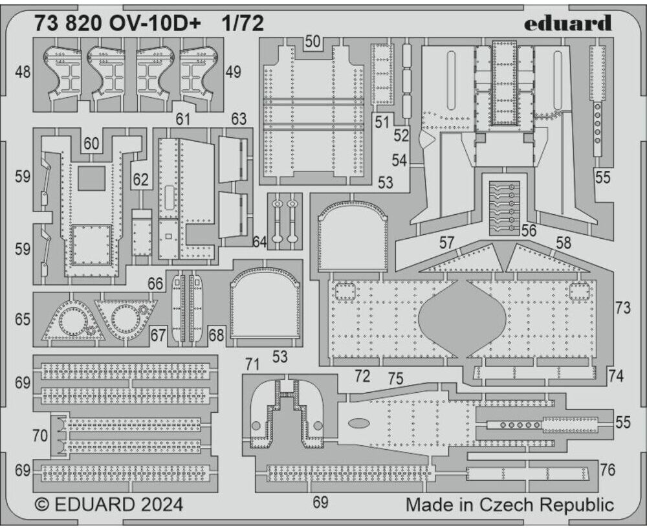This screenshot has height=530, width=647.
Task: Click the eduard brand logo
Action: (x=568, y=23)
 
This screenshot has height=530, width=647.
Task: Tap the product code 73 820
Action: (x=69, y=24)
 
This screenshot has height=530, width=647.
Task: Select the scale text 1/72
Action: (x=243, y=24)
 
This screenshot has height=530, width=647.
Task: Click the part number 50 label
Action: (x=313, y=41)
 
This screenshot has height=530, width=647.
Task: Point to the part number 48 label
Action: (x=23, y=72)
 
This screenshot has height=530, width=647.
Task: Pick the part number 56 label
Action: (x=529, y=230)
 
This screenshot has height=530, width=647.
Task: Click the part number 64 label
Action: (x=259, y=242)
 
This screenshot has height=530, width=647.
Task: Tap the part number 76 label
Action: (x=608, y=470)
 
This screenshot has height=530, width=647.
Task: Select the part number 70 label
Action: (x=40, y=436)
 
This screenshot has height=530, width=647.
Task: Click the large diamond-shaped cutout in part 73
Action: (x=462, y=319)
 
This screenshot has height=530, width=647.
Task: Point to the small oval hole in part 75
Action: (x=358, y=423)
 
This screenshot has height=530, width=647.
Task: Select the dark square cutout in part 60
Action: (x=91, y=178)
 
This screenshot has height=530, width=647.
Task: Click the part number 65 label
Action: (x=23, y=320)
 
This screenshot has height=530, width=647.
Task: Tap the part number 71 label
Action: (x=252, y=365)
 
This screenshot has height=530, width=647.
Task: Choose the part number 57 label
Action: (x=446, y=243)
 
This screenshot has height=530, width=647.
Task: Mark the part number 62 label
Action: (x=140, y=180)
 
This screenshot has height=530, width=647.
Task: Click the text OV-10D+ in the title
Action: (x=155, y=24)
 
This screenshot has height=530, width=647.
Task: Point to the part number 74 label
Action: (x=616, y=376)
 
